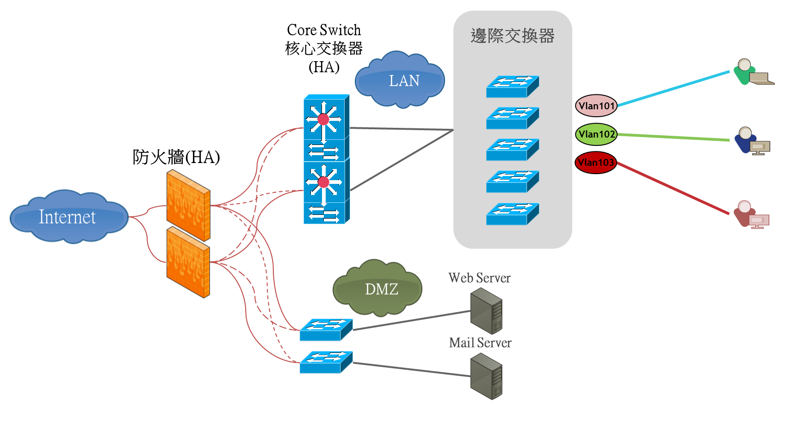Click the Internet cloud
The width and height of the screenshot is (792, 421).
(x=68, y=217)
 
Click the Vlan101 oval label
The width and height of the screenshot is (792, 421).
(x=596, y=106)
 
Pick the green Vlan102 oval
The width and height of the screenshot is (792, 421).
(x=597, y=134)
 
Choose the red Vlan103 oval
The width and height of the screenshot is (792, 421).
(x=596, y=163)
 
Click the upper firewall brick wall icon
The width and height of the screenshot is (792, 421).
(x=188, y=205)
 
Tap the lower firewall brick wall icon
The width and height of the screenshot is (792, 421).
(x=188, y=262)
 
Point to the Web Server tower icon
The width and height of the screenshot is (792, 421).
(x=486, y=311)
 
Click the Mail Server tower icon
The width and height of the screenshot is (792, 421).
(x=486, y=376)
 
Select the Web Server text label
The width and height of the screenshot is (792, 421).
(x=479, y=278)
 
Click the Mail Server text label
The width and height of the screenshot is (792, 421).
(x=480, y=343)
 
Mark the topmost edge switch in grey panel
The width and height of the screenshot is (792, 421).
(x=512, y=87)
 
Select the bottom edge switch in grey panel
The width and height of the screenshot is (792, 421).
(x=512, y=214)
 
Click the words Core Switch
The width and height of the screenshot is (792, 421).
(x=324, y=30)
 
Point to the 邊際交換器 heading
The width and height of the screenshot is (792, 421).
(x=513, y=36)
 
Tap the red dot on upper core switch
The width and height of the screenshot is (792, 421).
(x=324, y=119)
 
